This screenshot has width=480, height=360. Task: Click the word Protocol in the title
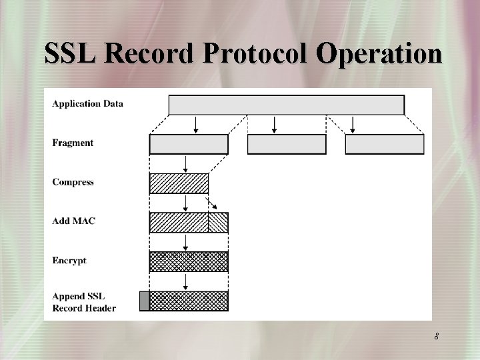click(257, 54)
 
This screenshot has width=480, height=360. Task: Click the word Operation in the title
click(379, 54)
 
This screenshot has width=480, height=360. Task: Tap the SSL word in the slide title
click(73, 54)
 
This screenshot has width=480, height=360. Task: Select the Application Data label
click(87, 103)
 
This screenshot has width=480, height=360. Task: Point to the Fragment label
click(73, 143)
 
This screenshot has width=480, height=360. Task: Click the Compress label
click(73, 182)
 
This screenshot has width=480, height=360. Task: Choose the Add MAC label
click(73, 221)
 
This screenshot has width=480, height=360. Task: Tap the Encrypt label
click(69, 261)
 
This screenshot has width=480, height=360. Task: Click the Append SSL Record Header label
click(83, 301)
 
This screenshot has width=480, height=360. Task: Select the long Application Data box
click(286, 105)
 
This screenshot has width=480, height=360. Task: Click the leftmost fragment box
click(189, 145)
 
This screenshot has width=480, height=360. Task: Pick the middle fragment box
click(287, 145)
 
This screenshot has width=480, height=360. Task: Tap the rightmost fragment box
click(385, 145)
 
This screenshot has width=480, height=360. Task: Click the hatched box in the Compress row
click(179, 183)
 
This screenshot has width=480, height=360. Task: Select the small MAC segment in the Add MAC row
click(218, 223)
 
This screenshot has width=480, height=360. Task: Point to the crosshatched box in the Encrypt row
click(189, 262)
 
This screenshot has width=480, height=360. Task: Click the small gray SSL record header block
click(144, 301)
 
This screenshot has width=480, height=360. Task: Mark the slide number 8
click(436, 337)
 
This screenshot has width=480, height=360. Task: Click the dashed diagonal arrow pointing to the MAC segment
click(212, 203)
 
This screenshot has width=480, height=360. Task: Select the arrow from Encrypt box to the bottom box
click(185, 281)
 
